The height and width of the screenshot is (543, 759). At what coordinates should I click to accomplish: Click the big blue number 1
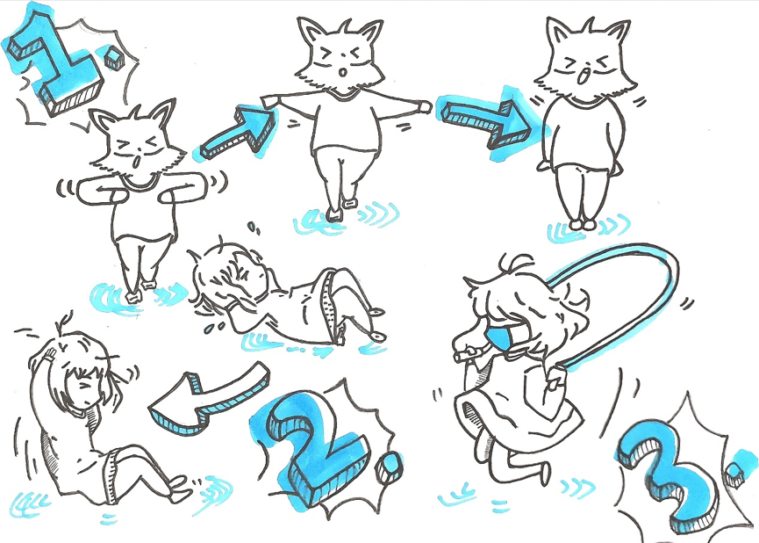click(58, 68)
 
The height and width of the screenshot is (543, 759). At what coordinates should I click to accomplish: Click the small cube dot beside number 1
click(115, 57)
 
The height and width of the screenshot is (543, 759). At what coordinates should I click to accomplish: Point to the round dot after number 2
click(390, 467)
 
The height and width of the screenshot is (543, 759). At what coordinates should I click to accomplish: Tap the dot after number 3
click(735, 474)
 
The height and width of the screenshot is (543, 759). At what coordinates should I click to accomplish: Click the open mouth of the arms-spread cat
click(343, 73)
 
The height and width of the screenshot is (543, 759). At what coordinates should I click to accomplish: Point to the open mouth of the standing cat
click(584, 76)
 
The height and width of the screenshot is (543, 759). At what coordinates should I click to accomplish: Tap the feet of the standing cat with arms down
click(582, 224)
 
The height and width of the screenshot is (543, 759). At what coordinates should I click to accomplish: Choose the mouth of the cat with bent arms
click(138, 161)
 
